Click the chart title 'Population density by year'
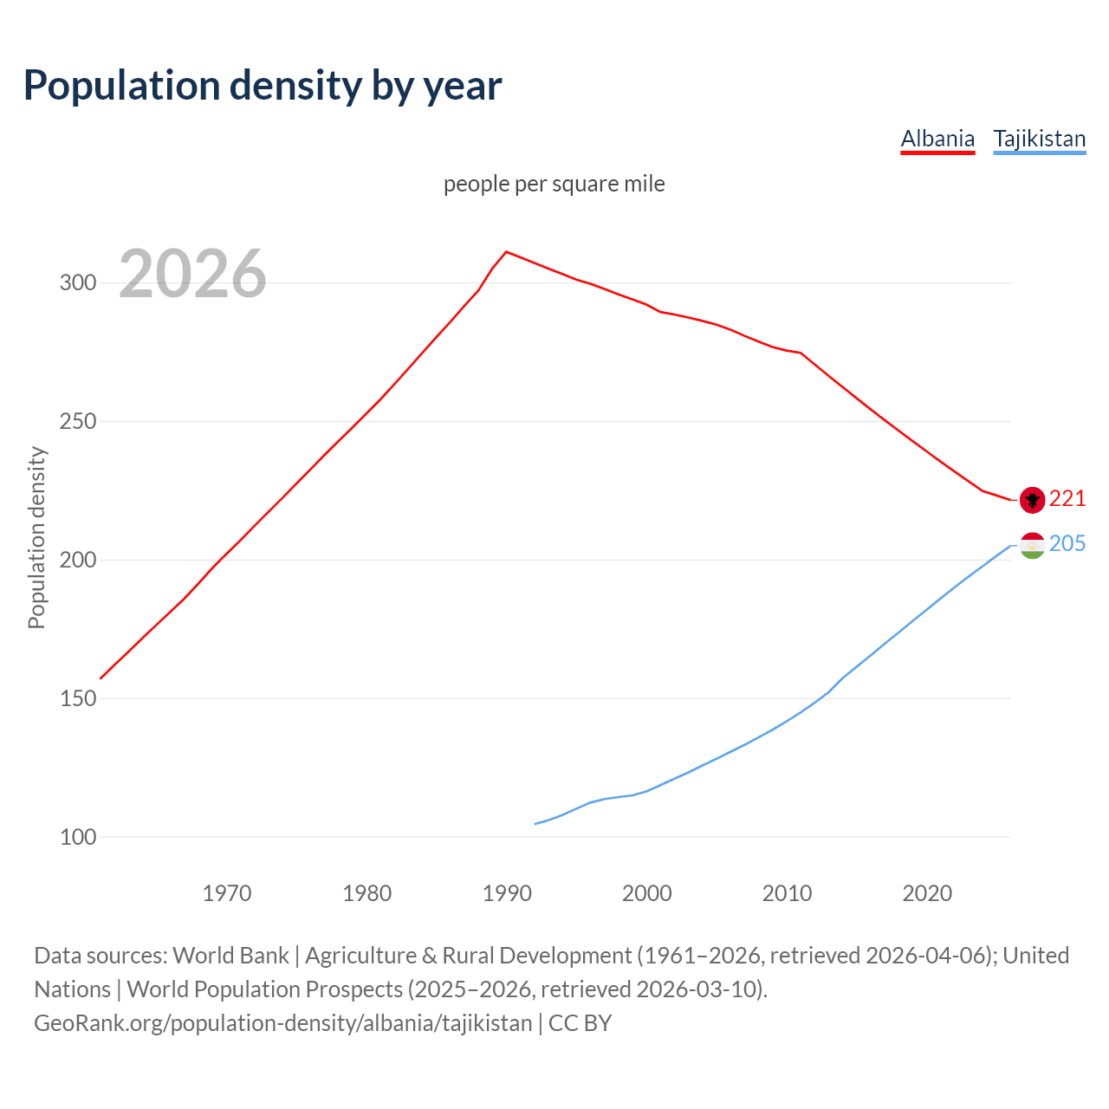[x=263, y=86]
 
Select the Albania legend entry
[x=937, y=139]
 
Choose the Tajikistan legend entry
[x=1039, y=139]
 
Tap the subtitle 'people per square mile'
[x=554, y=184]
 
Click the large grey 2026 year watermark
[x=192, y=274]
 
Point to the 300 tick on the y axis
[x=78, y=283]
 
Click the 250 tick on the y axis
[x=78, y=422]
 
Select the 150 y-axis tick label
[x=78, y=699]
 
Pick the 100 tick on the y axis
[x=78, y=838]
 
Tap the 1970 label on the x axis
[x=227, y=893]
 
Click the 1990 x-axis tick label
[x=507, y=893]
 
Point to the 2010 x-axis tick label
[x=787, y=893]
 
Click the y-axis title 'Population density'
[x=36, y=537]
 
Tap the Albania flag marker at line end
[x=1032, y=500]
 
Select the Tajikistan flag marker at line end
[x=1032, y=546]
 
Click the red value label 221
[x=1067, y=499]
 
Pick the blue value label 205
[x=1067, y=544]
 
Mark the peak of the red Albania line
[x=507, y=252]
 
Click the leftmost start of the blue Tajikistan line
[x=535, y=824]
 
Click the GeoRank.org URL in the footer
[x=283, y=1023]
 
